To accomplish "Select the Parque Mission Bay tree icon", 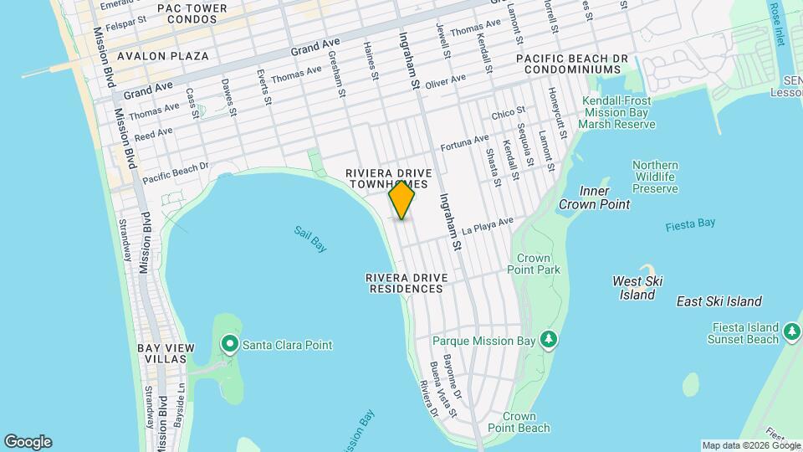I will pyautogui.click(x=549, y=340).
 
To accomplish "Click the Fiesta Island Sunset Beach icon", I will pyautogui.click(x=791, y=333).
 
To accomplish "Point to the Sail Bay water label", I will pyautogui.click(x=310, y=238).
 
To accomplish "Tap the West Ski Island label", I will pyautogui.click(x=637, y=288).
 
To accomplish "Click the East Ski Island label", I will pyautogui.click(x=719, y=301).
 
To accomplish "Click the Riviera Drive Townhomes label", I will pyautogui.click(x=387, y=178).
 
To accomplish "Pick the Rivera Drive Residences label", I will pyautogui.click(x=407, y=283).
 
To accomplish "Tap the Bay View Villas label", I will pyautogui.click(x=166, y=352).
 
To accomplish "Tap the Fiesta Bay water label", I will pyautogui.click(x=690, y=224).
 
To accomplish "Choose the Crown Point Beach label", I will pyautogui.click(x=525, y=422).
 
